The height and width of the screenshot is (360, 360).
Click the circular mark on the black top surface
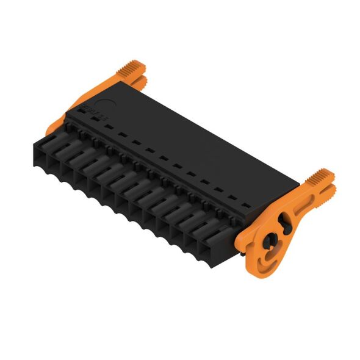point(106,105)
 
